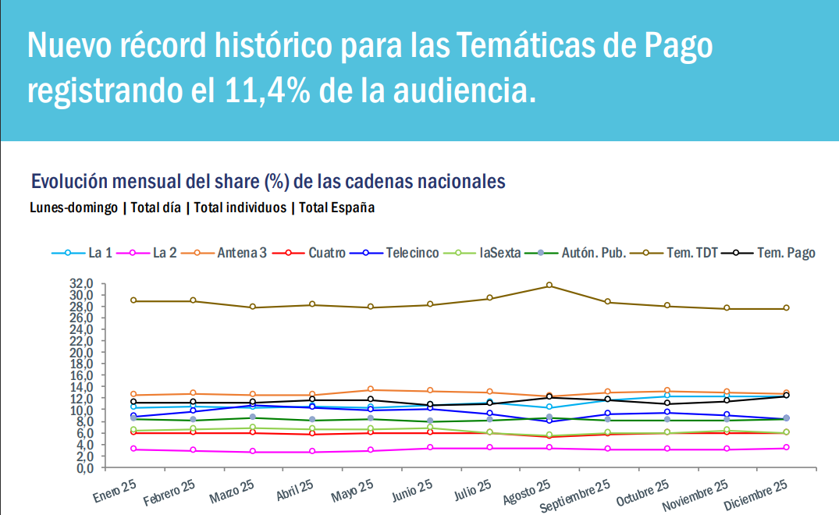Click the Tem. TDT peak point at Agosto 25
549,286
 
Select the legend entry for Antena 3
233,253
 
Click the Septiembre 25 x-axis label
575,497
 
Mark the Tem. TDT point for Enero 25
133,300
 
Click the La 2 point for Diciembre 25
786,447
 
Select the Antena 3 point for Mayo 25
371,389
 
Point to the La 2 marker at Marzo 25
252,452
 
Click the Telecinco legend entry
405,253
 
